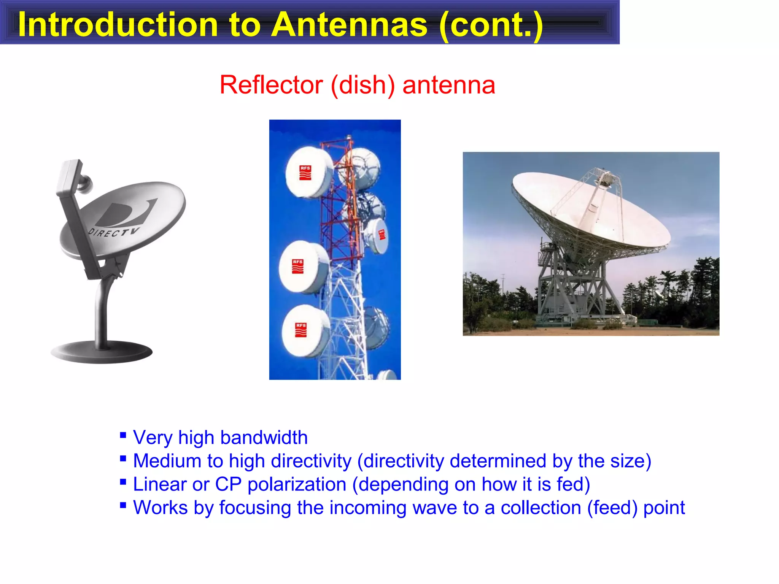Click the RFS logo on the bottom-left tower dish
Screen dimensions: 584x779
coord(301,330)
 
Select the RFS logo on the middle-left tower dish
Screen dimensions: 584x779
coord(298,267)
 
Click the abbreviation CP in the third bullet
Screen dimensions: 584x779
coord(228,484)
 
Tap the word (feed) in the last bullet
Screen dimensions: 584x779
coord(612,508)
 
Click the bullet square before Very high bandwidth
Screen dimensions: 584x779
coord(123,435)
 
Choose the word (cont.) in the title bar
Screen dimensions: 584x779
coord(491,25)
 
